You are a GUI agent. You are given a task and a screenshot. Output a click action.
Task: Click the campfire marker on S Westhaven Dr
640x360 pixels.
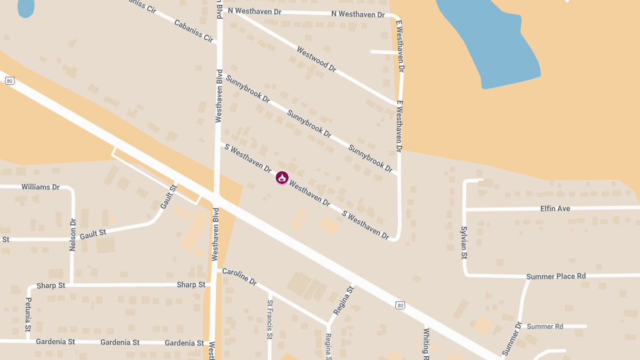point(282,178)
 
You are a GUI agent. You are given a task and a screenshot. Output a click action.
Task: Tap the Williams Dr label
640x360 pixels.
point(40,187)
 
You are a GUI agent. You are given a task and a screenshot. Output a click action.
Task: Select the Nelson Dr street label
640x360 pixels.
point(73,235)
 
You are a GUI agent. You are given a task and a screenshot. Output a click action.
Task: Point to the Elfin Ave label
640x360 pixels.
point(555,209)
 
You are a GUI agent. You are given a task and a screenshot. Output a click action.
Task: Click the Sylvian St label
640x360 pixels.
point(464,243)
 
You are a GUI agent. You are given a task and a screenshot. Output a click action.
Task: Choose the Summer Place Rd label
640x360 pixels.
point(556,276)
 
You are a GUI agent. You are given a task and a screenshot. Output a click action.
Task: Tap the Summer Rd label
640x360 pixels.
point(545,326)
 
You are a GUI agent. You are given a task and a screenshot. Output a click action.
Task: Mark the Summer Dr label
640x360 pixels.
point(511,339)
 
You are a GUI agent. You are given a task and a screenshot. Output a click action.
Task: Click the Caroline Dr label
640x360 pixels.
point(239,276)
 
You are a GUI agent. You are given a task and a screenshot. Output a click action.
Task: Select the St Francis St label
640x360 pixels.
point(270,319)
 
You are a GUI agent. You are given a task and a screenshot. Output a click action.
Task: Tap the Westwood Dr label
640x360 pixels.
point(316,60)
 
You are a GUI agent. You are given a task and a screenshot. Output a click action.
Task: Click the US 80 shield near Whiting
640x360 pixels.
point(400,305)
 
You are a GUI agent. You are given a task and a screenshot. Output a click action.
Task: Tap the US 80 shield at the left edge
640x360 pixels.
point(9,81)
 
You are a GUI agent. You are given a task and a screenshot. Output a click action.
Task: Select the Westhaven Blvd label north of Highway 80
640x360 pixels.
point(218,96)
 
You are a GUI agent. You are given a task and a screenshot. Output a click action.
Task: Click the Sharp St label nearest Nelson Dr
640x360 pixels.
point(51,286)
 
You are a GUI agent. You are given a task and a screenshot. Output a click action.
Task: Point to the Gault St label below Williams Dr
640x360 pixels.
point(93,234)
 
